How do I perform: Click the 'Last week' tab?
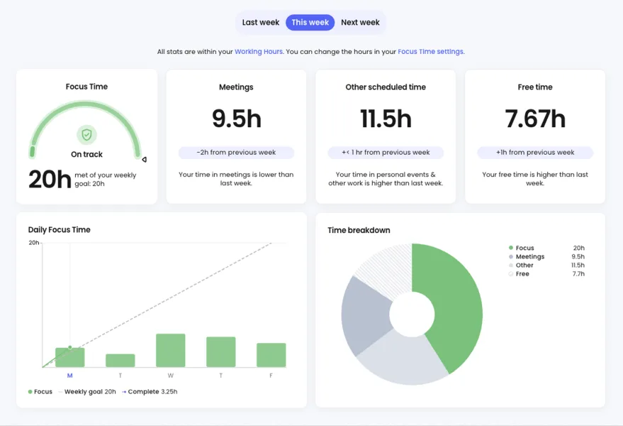click(x=260, y=22)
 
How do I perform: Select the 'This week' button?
click(x=310, y=22)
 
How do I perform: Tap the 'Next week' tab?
click(x=360, y=22)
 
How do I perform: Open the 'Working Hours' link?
click(x=259, y=52)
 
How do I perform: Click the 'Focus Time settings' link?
click(x=431, y=52)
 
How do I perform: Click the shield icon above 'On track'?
click(x=86, y=134)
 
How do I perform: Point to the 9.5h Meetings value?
click(x=236, y=119)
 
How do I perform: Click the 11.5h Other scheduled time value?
click(x=386, y=119)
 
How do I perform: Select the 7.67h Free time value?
click(x=535, y=119)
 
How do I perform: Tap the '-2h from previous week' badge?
click(x=236, y=153)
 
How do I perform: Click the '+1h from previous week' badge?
click(x=535, y=153)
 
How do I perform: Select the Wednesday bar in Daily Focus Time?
click(x=170, y=351)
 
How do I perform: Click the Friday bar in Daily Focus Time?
click(x=271, y=355)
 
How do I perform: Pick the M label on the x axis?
click(x=69, y=376)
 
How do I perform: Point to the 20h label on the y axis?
click(x=33, y=243)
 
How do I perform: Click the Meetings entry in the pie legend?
click(x=529, y=257)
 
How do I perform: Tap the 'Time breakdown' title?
click(x=359, y=230)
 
